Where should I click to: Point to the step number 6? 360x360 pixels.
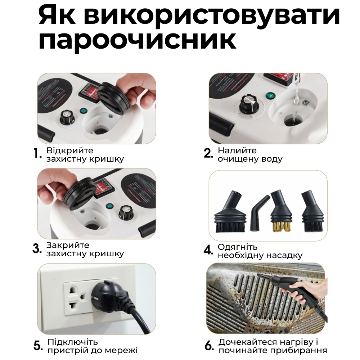(x=209, y=346)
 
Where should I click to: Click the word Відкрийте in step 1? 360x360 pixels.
(x=70, y=150)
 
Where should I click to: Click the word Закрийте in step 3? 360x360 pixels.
(x=68, y=246)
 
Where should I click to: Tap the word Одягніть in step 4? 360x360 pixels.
(x=238, y=247)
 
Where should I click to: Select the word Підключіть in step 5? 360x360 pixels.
(x=73, y=342)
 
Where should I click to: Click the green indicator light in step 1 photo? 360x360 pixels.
(x=84, y=112)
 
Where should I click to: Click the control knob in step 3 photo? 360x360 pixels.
(x=126, y=212)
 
